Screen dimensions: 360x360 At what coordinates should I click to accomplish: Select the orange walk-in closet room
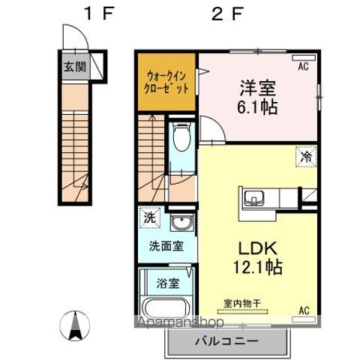click(x=166, y=82)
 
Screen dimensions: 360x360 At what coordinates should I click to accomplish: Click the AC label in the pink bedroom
click(x=304, y=67)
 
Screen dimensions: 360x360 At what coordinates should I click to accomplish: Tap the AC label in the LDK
click(x=304, y=310)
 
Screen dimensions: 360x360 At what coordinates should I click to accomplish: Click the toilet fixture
click(x=180, y=139)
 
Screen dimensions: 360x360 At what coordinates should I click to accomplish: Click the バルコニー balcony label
click(x=227, y=340)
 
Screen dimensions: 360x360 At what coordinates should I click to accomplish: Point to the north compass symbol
click(x=76, y=324)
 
